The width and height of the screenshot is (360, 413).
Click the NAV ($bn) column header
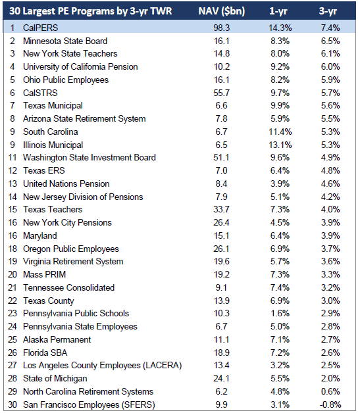(221, 11)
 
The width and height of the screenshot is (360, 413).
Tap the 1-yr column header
(278, 11)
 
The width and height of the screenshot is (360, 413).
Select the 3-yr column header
(328, 11)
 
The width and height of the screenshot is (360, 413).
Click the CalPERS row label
(40, 28)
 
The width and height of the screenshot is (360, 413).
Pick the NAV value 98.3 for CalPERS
(221, 28)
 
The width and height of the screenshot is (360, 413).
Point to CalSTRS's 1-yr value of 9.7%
(280, 93)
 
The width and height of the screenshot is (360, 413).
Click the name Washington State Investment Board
(90, 158)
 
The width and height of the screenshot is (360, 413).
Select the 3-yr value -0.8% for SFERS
(330, 404)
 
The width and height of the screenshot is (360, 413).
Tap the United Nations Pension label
(66, 183)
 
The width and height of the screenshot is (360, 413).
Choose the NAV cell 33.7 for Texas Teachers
(221, 209)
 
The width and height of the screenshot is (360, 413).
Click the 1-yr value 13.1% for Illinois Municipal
(280, 145)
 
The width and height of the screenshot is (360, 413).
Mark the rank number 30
(13, 404)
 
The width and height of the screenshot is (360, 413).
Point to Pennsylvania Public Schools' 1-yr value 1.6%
(280, 313)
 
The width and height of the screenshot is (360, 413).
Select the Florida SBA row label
(45, 352)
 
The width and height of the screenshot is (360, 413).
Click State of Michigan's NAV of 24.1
(221, 378)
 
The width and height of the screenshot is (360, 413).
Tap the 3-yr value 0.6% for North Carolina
(330, 391)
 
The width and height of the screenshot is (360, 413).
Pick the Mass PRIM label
(44, 274)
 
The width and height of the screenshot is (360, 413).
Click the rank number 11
(13, 158)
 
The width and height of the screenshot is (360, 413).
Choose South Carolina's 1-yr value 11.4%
(280, 132)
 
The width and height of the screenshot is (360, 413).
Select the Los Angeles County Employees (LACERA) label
(103, 366)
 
